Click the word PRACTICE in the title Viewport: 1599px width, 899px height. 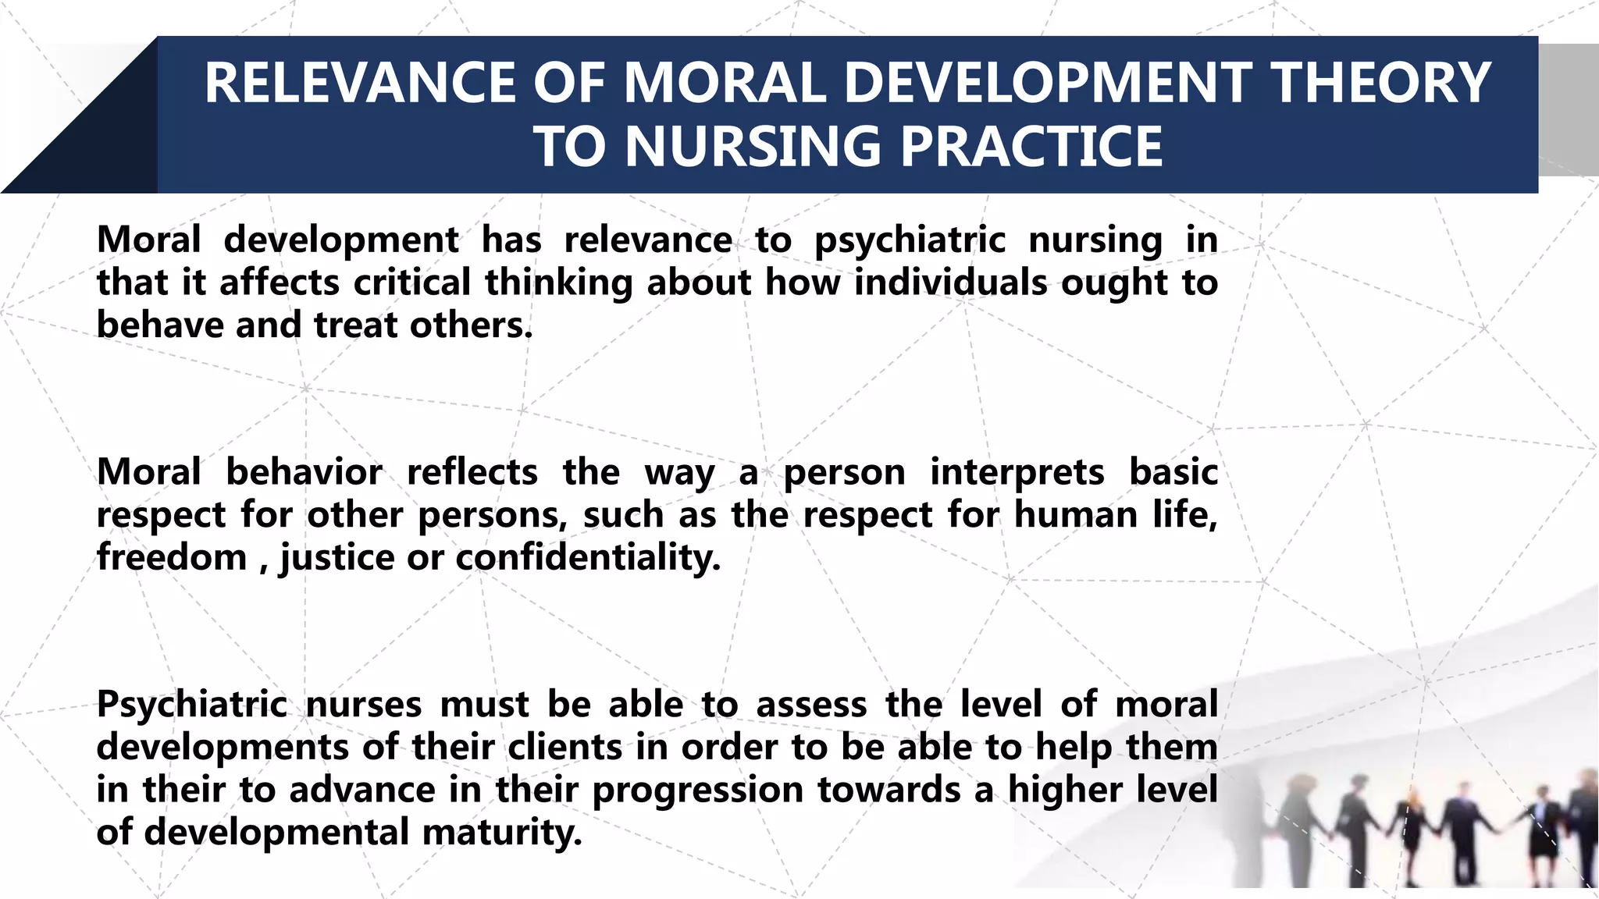[1031, 147]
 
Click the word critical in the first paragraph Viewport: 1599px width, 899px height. [411, 282]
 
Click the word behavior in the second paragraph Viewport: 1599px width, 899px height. [304, 473]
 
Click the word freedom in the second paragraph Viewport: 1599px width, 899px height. [172, 558]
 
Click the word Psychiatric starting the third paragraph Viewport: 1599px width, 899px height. [192, 705]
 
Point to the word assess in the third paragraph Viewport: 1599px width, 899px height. [811, 705]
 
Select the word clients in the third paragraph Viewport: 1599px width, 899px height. [564, 748]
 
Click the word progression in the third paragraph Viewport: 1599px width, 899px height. [698, 791]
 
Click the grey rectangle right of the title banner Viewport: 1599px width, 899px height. [1568, 109]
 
